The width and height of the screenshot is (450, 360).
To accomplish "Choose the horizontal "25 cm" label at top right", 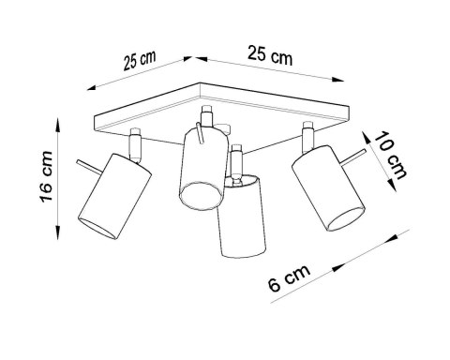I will click(266, 55).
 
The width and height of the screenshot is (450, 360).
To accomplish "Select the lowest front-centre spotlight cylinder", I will click(241, 219).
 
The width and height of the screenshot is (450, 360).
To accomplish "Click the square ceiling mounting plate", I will click(225, 112).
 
